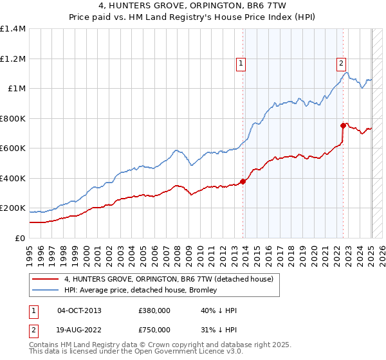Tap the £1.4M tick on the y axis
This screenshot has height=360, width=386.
click(x=13, y=29)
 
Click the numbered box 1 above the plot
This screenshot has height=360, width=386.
click(x=241, y=63)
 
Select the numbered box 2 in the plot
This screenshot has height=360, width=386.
click(x=340, y=63)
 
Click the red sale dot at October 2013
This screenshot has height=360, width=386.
click(x=243, y=181)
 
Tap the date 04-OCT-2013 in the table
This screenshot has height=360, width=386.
click(x=79, y=310)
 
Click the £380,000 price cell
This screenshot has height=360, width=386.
click(x=154, y=310)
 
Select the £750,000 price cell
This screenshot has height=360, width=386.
click(x=154, y=330)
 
